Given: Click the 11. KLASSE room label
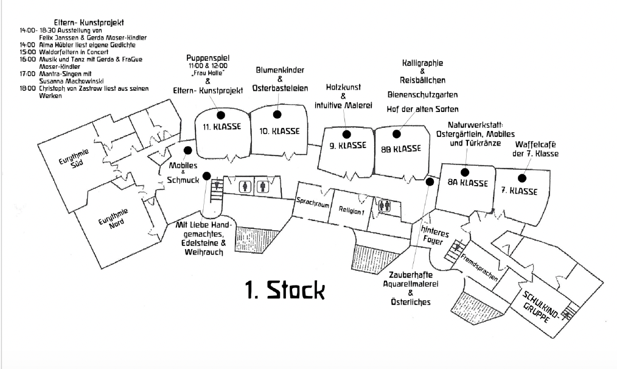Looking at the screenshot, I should point(222,127).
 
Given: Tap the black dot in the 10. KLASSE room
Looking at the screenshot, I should point(277,114).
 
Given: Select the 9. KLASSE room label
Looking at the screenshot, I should point(347,146).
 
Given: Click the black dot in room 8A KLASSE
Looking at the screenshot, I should point(464,172).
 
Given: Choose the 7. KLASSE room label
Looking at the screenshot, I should point(519,191).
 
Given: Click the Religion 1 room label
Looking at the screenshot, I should point(351,211).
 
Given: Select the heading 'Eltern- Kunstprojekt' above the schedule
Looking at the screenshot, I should point(89,23).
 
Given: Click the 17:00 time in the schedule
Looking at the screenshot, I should point(27,73).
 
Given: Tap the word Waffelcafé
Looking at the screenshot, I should point(536,144).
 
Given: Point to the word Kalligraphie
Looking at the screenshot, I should point(423,63).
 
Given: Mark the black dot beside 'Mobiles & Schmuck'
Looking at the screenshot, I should point(187,150).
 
